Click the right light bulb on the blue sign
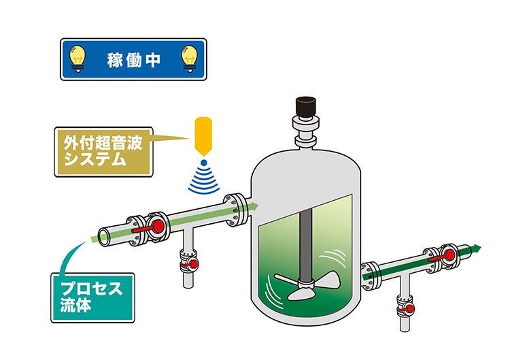pyautogui.click(x=189, y=58)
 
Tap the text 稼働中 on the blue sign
pyautogui.click(x=134, y=59)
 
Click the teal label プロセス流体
pyautogui.click(x=92, y=297)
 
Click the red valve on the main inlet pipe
pyautogui.click(x=156, y=225)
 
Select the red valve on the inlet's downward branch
pyautogui.click(x=192, y=263)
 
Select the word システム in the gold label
pyautogui.click(x=95, y=161)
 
